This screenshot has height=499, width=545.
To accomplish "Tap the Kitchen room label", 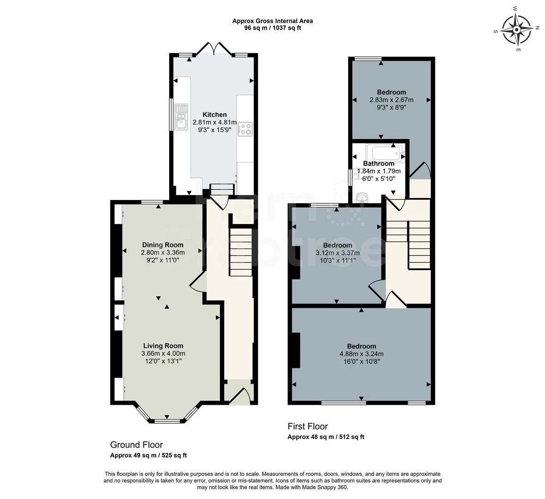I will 214,115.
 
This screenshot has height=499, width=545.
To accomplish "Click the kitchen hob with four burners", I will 245,129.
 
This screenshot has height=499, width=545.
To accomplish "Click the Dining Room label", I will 162,245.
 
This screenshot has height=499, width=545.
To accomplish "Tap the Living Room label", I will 163,346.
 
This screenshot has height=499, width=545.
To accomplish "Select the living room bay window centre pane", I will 167,421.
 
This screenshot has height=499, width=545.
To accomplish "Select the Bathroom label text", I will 379,164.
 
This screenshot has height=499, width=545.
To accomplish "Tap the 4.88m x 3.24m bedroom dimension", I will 361,354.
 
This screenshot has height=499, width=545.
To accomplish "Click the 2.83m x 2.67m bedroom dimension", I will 391,100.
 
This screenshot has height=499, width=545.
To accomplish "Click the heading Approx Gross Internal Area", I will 272,21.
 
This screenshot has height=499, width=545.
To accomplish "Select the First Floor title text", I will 307,426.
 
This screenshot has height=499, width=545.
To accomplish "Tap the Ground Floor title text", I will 136,445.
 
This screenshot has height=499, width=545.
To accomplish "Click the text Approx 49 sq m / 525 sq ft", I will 148,456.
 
